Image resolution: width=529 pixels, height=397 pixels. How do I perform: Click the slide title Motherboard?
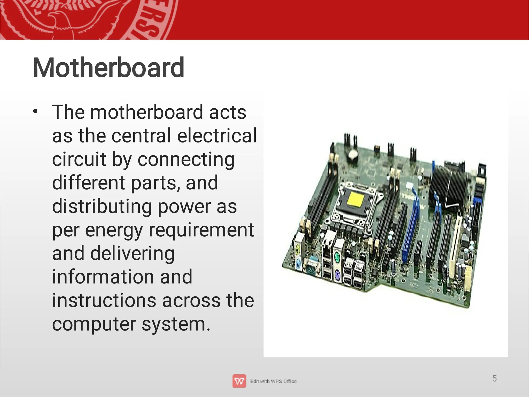pos(108,68)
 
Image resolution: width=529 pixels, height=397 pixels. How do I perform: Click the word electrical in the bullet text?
pos(217,136)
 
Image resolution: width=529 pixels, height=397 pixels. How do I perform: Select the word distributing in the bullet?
pos(102,206)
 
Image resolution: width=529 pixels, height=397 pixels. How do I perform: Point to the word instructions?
pos(104,301)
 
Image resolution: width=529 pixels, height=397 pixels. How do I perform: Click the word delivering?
pos(132,253)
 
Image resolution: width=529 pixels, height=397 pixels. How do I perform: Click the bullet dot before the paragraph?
pos(35,112)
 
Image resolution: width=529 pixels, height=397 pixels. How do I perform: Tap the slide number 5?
pos(494,378)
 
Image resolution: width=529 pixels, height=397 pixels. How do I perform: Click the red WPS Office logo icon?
pos(239,381)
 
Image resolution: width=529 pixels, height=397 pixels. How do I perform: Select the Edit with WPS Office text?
pos(274,381)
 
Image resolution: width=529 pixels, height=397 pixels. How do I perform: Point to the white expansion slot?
pos(455,246)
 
